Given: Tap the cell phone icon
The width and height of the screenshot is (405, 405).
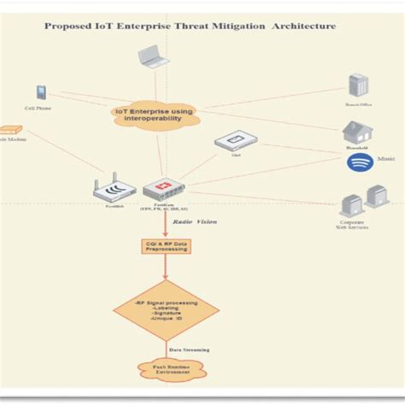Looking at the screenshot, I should pyautogui.click(x=40, y=92).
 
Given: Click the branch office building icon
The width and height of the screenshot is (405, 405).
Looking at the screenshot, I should pyautogui.click(x=357, y=85).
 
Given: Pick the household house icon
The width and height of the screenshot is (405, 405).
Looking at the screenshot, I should pyautogui.click(x=356, y=132).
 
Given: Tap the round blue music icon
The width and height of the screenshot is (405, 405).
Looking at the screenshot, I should pyautogui.click(x=357, y=161).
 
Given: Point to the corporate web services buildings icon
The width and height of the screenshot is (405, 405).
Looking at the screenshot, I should pyautogui.click(x=362, y=202).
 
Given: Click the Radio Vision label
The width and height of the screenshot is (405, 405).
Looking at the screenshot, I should pyautogui.click(x=194, y=221).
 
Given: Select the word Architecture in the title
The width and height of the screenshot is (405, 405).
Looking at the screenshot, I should pyautogui.click(x=303, y=26).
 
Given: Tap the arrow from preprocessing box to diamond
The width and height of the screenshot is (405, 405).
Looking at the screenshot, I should pyautogui.click(x=166, y=268).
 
